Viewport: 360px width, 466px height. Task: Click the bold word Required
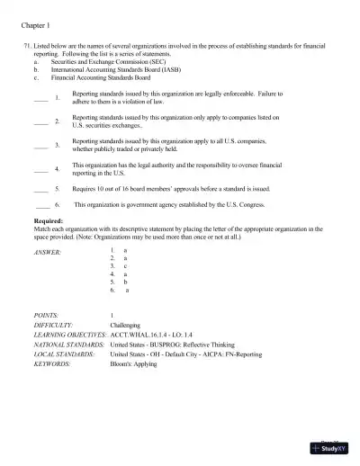(49, 221)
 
